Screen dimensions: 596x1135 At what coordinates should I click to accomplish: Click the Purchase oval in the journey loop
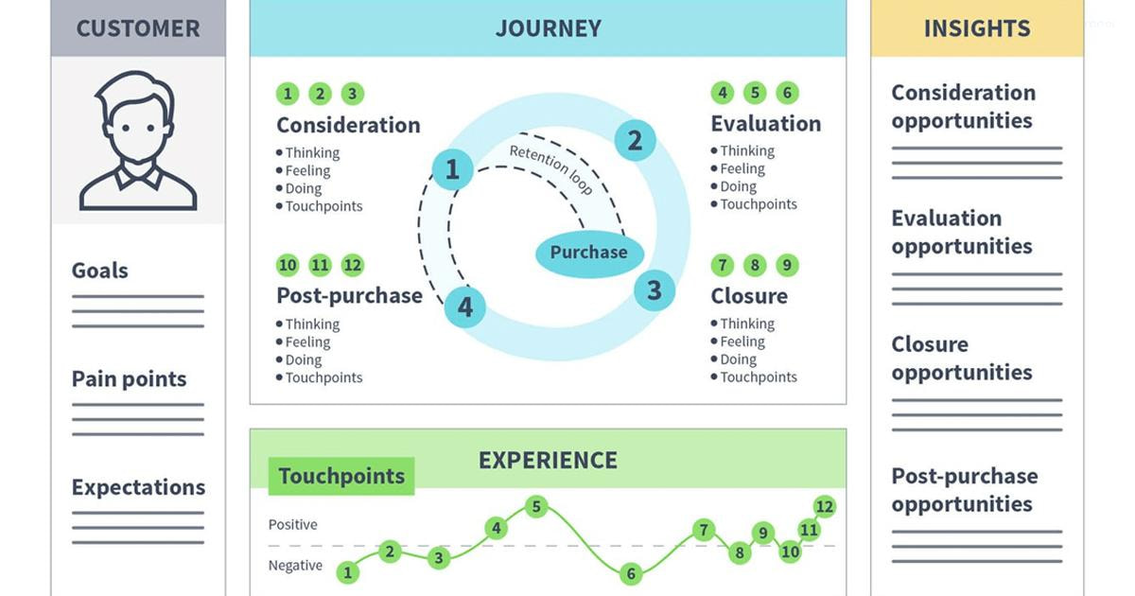[588, 253]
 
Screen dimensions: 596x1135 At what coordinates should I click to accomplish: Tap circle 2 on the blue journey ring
[635, 141]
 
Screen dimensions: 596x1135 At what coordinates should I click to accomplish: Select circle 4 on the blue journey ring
[464, 307]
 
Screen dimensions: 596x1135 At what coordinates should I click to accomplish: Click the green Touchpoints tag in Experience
[341, 476]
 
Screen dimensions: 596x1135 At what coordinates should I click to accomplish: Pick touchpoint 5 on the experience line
[536, 507]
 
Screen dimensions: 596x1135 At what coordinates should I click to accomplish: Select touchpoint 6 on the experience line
[631, 573]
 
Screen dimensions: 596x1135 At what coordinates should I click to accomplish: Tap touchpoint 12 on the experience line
[825, 507]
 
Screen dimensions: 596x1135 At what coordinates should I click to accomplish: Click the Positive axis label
[293, 524]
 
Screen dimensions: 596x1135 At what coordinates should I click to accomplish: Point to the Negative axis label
[295, 566]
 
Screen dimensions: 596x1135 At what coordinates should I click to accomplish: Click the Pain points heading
[129, 379]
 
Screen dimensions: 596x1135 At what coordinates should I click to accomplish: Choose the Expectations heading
[138, 487]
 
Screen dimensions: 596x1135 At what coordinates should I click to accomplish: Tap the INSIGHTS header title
[977, 28]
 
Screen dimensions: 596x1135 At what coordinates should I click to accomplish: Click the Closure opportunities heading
[961, 358]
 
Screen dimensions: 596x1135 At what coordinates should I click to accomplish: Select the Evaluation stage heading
[766, 124]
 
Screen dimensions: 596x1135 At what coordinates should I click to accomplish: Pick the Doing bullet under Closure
[738, 359]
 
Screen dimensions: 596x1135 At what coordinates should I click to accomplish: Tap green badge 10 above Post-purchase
[288, 266]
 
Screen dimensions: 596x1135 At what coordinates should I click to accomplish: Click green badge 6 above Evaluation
[786, 93]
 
